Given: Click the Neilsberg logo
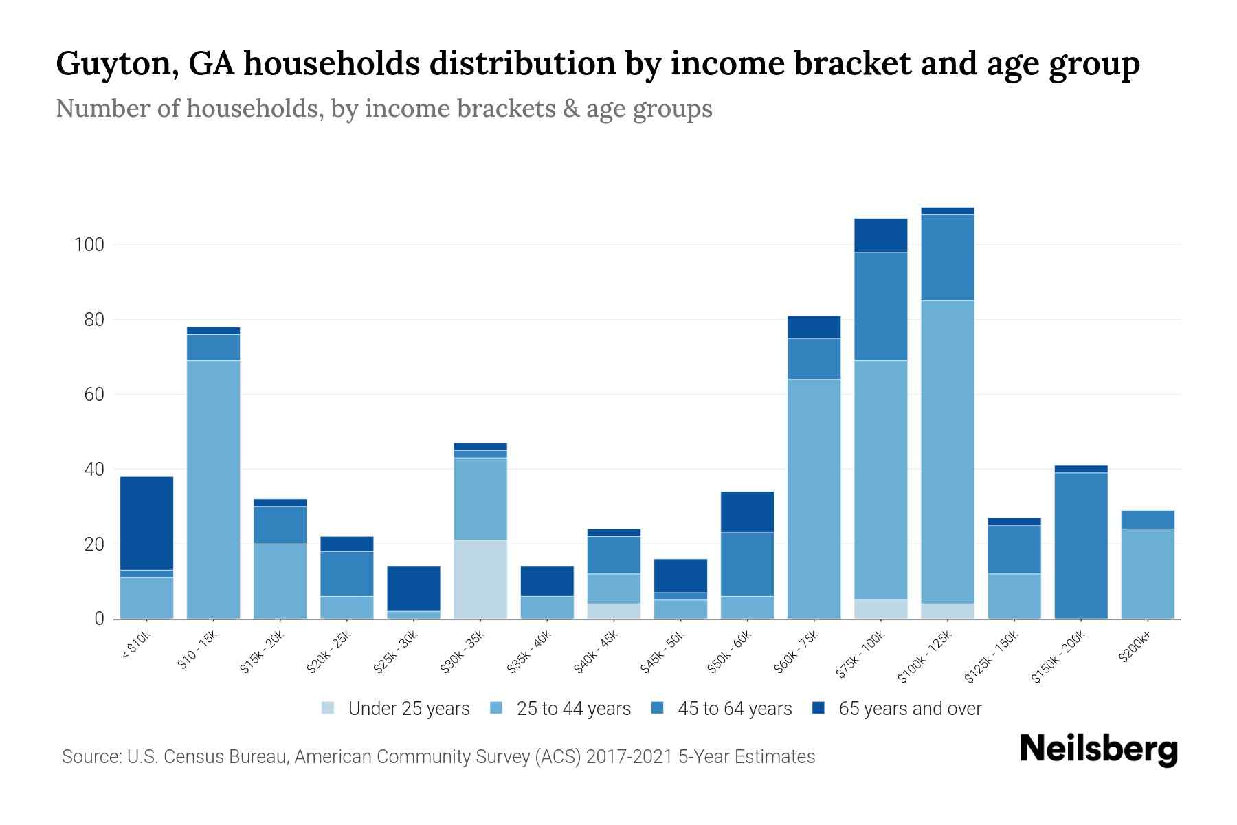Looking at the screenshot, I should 1098,749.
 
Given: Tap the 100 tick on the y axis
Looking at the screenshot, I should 88,245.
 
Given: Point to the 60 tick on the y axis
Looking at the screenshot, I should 93,395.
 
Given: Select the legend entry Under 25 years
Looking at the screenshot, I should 408,709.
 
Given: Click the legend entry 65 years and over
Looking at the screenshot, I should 909,709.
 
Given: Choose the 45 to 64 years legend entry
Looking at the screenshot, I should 734,709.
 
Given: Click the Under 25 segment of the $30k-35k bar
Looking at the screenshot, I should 480,580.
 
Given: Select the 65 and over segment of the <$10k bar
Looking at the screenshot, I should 146,523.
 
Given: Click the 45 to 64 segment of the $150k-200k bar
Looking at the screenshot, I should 1080,546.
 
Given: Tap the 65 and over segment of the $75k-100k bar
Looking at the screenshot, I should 880,235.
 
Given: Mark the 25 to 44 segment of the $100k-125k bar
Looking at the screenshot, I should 947,452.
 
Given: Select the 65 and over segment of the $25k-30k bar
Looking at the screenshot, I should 414,588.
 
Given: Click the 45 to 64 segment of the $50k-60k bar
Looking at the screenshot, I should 747,564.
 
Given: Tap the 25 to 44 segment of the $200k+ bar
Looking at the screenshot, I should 1147,573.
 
